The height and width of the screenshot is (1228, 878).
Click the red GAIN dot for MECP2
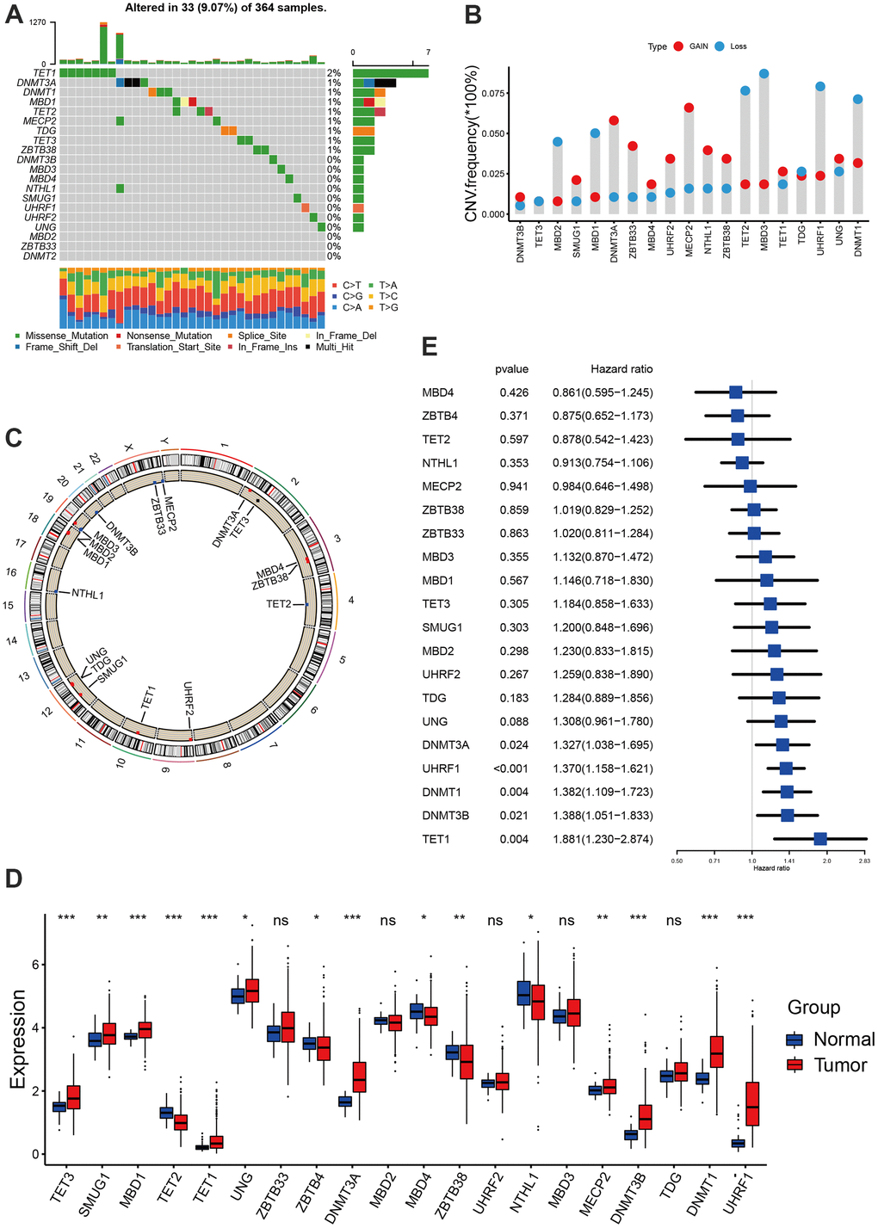(689, 108)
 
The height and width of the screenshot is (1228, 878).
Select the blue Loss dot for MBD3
(764, 74)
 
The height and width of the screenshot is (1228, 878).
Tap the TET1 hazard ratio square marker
(820, 839)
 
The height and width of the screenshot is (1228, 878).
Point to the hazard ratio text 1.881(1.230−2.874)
(603, 839)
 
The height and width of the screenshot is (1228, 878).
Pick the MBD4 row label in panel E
(438, 392)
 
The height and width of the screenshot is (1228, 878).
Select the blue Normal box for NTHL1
(523, 993)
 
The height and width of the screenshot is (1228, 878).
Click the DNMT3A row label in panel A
(36, 83)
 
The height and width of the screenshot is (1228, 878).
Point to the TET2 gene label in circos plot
(279, 604)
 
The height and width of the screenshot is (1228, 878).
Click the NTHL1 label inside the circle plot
(88, 594)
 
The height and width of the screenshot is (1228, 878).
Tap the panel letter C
(13, 437)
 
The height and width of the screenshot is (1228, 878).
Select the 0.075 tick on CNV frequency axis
(494, 93)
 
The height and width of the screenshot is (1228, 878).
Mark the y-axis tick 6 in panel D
(36, 964)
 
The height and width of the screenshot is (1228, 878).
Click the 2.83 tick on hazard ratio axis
(864, 860)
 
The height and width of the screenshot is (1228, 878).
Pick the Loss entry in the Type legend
(738, 46)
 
